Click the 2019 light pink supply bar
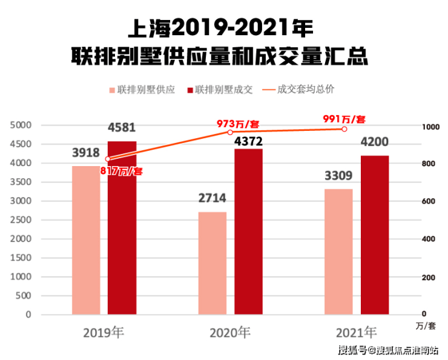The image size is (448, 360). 86,240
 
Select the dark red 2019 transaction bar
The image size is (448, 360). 122,228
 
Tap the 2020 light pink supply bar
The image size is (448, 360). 212,263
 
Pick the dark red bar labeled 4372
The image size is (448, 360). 248,232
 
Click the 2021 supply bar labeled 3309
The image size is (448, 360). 338,252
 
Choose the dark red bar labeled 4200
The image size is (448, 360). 375,235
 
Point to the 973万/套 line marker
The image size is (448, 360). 230,132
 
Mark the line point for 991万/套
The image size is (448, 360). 344,129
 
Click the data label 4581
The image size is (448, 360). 122,128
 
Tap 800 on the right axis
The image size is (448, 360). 428,164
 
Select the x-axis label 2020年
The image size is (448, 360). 230,332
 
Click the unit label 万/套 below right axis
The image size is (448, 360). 426,326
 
